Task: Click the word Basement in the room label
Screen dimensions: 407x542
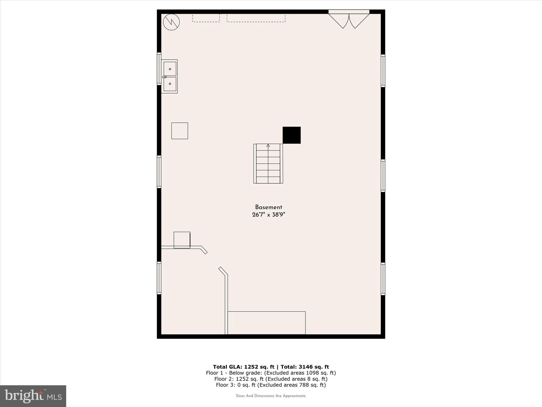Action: (268, 207)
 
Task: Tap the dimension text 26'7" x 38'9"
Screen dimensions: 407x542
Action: (268, 215)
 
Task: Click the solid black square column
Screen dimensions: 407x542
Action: (291, 135)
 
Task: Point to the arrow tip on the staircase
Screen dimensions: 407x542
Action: (268, 145)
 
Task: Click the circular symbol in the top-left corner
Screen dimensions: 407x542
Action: (171, 22)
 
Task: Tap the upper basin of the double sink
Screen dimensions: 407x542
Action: (170, 69)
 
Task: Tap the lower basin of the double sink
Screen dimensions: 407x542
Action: (170, 84)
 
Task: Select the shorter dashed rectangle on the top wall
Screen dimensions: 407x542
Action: (206, 18)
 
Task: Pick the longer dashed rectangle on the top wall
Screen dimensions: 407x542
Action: (256, 18)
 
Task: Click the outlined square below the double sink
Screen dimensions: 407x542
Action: (180, 131)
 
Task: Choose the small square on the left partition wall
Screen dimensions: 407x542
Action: (182, 240)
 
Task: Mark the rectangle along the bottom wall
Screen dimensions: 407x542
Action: (267, 323)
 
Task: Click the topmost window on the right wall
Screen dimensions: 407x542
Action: (383, 71)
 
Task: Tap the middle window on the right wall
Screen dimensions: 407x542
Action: (383, 175)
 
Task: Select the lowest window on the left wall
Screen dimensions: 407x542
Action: (159, 278)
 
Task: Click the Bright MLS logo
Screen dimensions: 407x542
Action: (33, 396)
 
